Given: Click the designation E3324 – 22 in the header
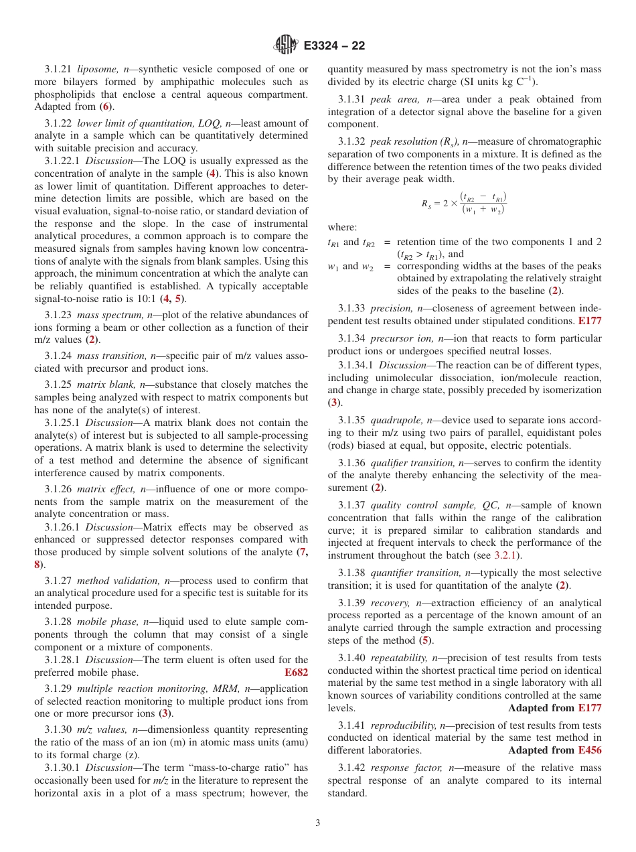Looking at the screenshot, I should (x=334, y=46).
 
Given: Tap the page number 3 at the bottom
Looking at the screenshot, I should (x=318, y=823).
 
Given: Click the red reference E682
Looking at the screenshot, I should (x=297, y=672).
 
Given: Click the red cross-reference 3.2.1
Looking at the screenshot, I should (x=506, y=555).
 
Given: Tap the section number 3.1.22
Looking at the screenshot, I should (x=58, y=123).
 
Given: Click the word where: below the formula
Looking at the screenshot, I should (x=342, y=227).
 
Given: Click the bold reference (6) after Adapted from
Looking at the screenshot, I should (x=105, y=106).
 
